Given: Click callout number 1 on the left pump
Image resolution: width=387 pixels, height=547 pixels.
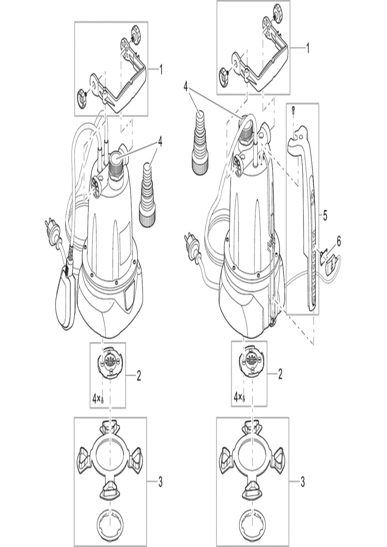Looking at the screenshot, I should pyautogui.click(x=161, y=70).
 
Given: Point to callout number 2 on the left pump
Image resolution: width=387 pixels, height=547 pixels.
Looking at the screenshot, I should pyautogui.click(x=139, y=376).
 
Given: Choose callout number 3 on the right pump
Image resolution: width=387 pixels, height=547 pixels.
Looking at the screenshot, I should pyautogui.click(x=303, y=481).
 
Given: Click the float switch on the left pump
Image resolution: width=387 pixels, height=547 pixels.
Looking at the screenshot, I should pyautogui.click(x=67, y=296).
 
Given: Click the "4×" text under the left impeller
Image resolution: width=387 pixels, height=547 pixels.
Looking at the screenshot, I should pyautogui.click(x=96, y=399).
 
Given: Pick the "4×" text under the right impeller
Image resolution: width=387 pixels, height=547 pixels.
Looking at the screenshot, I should pyautogui.click(x=238, y=397).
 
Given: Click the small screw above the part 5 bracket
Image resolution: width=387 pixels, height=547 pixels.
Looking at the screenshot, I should pyautogui.click(x=294, y=108).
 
